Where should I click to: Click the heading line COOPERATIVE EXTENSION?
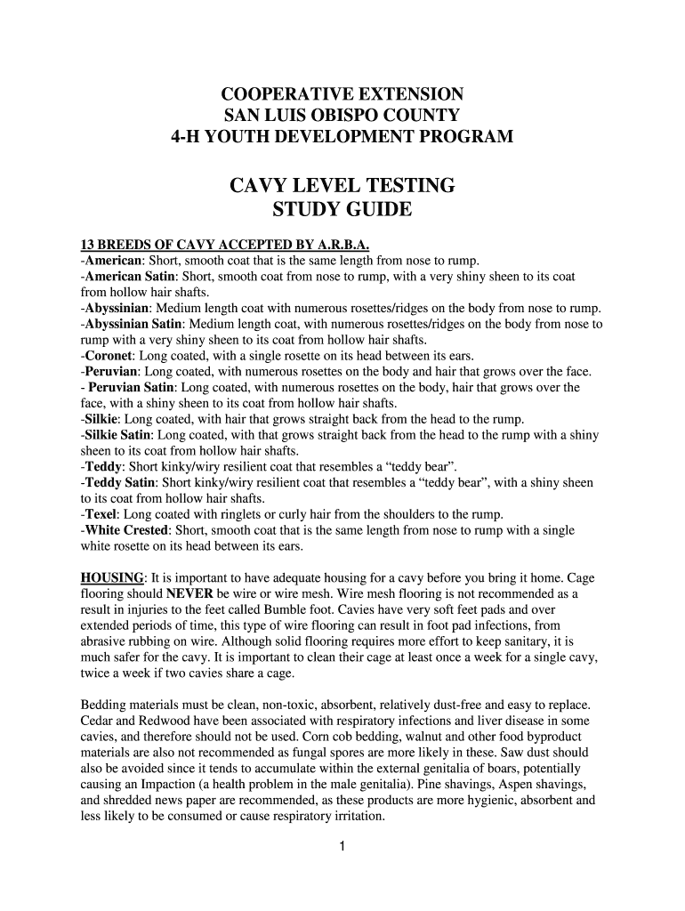(342, 94)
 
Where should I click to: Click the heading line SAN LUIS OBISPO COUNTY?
(342, 116)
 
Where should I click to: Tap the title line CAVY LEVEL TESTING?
(342, 186)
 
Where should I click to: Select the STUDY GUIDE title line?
(342, 210)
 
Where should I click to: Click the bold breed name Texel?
(101, 514)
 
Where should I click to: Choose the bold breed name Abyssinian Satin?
(134, 324)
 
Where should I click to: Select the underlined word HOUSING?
(113, 577)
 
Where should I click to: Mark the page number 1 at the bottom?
(342, 846)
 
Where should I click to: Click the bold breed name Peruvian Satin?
(131, 388)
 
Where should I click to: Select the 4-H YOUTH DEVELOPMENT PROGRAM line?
(342, 138)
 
